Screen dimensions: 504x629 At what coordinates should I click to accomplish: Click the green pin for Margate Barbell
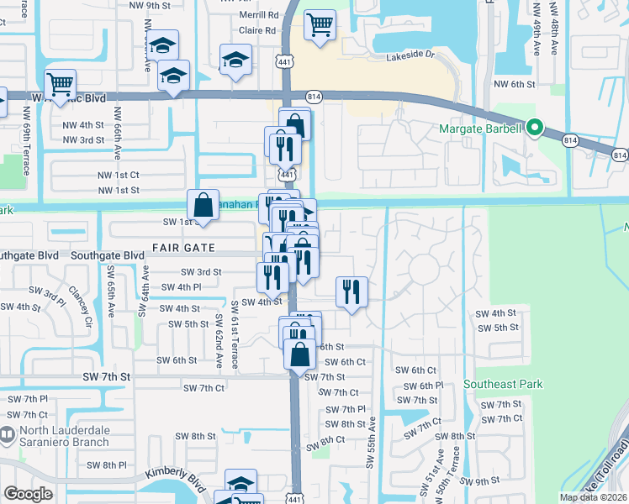pyautogui.click(x=533, y=129)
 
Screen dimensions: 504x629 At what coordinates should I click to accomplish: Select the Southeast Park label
pyautogui.click(x=503, y=385)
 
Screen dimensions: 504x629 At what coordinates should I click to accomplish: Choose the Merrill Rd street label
pyautogui.click(x=258, y=15)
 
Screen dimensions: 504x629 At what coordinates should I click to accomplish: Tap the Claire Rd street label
pyautogui.click(x=258, y=30)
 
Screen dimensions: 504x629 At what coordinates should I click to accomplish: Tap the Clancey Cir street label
pyautogui.click(x=86, y=309)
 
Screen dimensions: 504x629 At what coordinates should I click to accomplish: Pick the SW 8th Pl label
pyautogui.click(x=107, y=465)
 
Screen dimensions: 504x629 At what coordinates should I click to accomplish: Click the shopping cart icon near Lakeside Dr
pyautogui.click(x=319, y=25)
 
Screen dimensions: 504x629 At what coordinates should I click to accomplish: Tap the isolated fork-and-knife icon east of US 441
pyautogui.click(x=351, y=291)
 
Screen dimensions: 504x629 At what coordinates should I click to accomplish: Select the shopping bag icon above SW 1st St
pyautogui.click(x=203, y=203)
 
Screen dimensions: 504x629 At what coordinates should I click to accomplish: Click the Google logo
pyautogui.click(x=28, y=494)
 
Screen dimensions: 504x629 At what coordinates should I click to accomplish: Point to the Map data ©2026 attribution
pyautogui.click(x=593, y=497)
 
